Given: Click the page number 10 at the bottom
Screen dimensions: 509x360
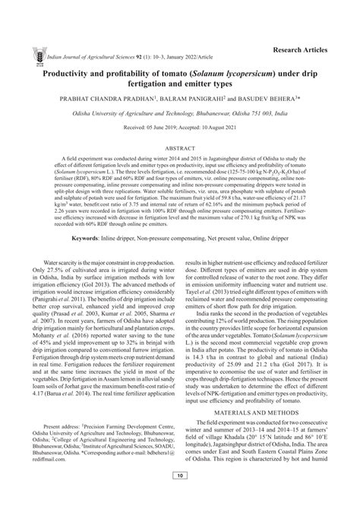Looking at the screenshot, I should point(180,497).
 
